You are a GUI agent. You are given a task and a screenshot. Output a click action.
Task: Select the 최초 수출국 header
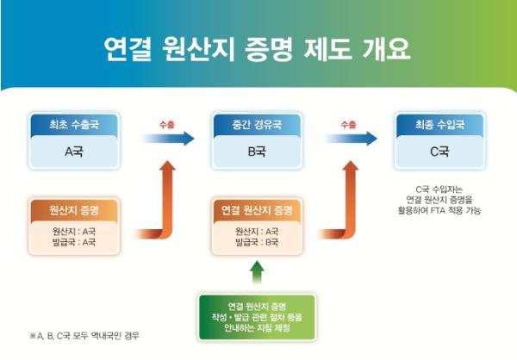pyautogui.click(x=73, y=125)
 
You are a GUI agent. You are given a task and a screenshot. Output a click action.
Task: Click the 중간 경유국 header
pyautogui.click(x=256, y=125)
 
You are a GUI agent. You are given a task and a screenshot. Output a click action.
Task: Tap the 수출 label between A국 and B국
pyautogui.click(x=165, y=124)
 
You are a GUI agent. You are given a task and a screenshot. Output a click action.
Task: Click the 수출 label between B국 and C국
pyautogui.click(x=348, y=124)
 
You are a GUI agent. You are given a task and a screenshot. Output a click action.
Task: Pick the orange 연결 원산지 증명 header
pyautogui.click(x=256, y=210)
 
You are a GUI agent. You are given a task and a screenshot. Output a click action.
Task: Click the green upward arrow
pyautogui.click(x=256, y=273)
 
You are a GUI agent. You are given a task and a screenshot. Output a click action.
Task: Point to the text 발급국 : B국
pyautogui.click(x=256, y=243)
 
